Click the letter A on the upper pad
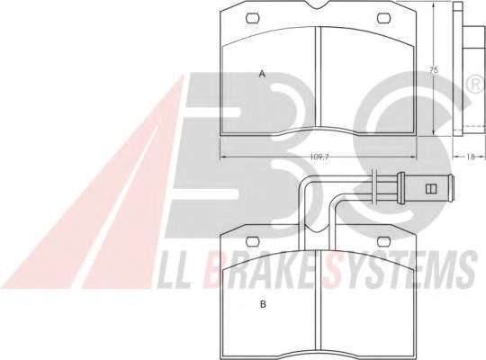point(263,74)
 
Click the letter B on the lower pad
point(263,304)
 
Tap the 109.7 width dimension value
point(319,157)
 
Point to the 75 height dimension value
point(434,70)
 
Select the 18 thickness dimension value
point(471,157)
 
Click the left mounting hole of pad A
point(253,18)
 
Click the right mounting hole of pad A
point(383,18)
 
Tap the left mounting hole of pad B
point(253,241)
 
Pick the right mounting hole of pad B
point(383,241)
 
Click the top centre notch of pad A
point(318,4)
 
